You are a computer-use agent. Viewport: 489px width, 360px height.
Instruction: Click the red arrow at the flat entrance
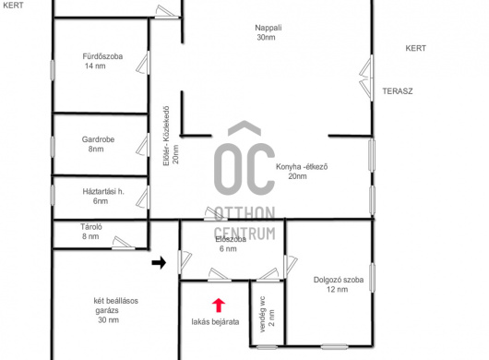219,306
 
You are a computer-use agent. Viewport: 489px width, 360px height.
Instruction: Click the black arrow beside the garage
159,263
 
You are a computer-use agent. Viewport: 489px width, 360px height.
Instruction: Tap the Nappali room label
268,32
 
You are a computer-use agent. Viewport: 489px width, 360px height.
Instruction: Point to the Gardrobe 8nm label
98,144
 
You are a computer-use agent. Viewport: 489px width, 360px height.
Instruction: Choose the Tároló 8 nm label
91,232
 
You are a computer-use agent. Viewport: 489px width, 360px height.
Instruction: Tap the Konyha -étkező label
302,172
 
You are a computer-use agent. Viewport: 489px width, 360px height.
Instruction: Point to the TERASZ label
398,91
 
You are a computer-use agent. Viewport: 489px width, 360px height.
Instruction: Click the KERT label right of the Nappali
416,48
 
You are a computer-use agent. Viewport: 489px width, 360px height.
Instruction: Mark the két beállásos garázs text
115,310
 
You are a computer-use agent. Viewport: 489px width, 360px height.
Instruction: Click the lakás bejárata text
215,322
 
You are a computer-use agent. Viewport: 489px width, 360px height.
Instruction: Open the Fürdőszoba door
143,63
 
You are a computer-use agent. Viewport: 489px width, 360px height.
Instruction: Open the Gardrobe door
143,145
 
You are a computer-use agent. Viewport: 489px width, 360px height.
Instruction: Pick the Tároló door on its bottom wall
124,244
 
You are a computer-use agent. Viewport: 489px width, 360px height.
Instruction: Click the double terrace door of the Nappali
366,78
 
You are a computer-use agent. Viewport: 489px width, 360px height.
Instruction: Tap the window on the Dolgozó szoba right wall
372,278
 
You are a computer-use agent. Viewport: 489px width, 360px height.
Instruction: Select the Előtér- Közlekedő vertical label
172,137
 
